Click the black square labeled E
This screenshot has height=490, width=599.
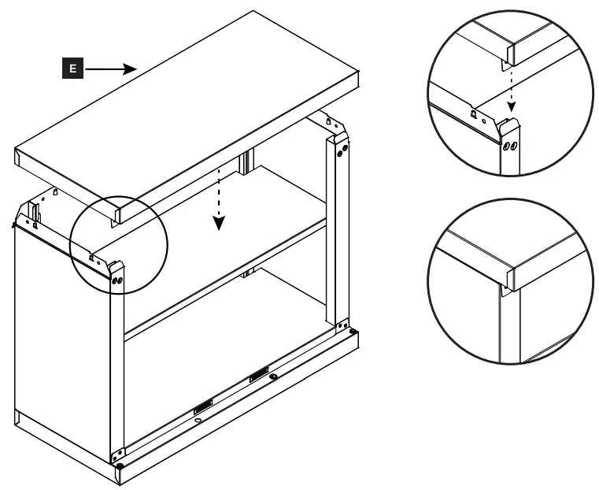pos(73,69)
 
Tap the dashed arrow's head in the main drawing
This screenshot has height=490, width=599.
pos(220,225)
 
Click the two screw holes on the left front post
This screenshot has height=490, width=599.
pos(117,280)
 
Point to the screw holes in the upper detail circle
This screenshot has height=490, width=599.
pos(511,146)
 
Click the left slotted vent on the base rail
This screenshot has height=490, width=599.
pos(203,406)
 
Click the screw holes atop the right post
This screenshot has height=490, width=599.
pos(341,150)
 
